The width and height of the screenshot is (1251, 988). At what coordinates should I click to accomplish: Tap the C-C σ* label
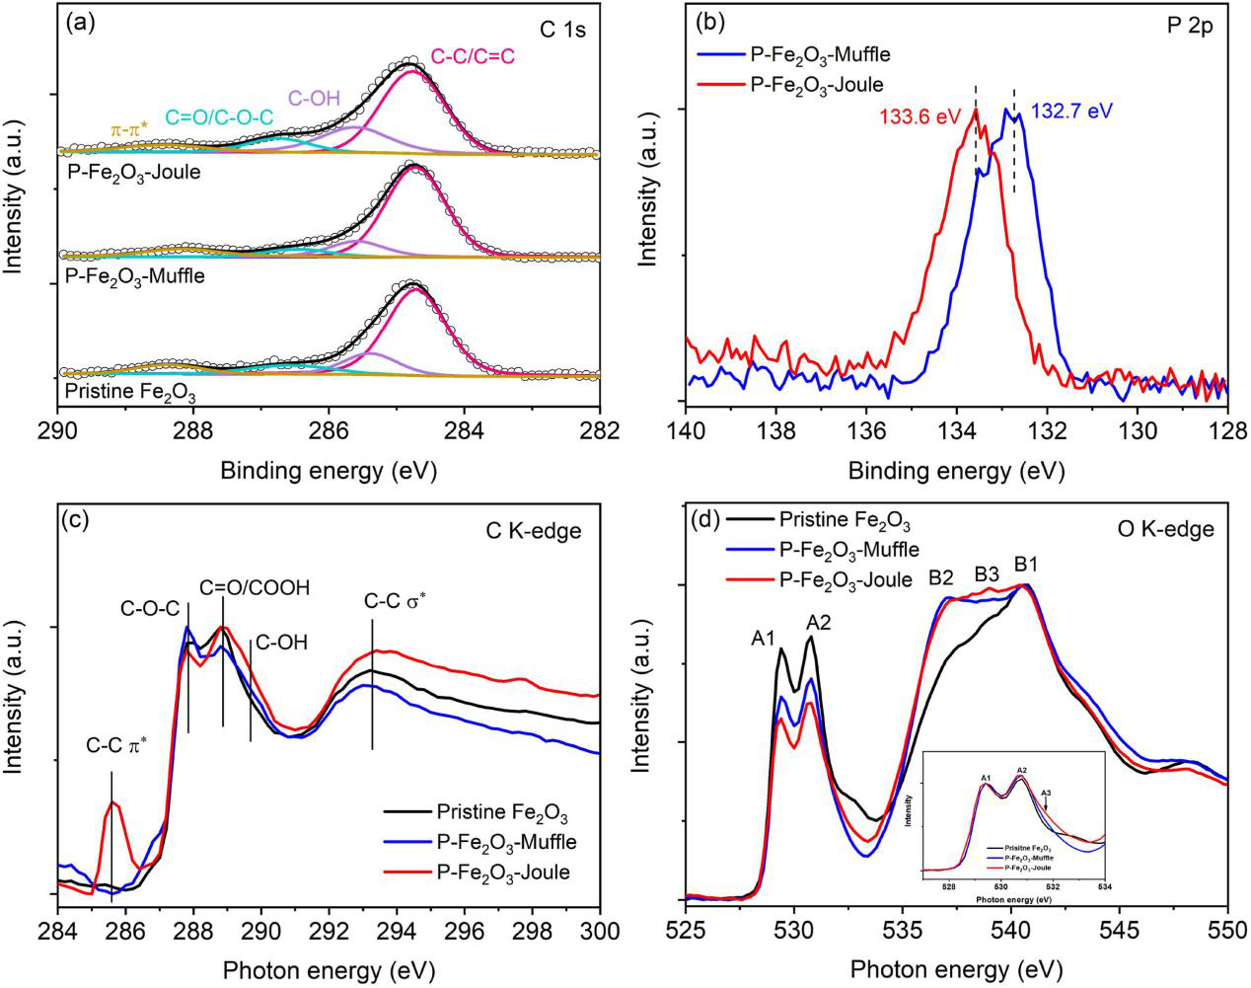pyautogui.click(x=400, y=601)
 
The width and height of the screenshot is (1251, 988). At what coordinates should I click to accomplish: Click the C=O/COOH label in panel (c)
pyautogui.click(x=255, y=588)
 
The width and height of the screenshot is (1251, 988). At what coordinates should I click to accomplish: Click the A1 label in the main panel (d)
pyautogui.click(x=763, y=639)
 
